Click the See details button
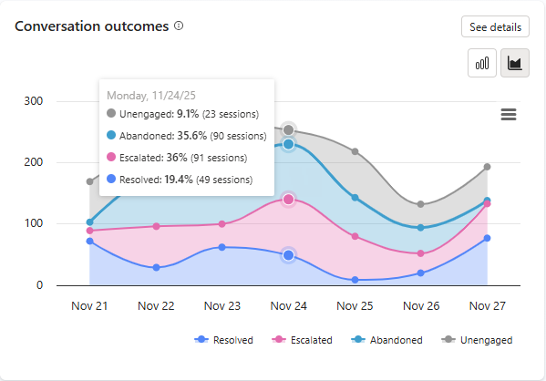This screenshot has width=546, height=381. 495,27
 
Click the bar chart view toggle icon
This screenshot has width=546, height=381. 482,63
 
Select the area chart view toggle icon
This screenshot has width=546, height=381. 515,63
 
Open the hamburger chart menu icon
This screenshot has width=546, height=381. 509,114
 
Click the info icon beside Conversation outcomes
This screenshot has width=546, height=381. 179,26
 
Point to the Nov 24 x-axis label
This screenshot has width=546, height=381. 288,305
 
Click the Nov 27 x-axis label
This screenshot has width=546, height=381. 487,305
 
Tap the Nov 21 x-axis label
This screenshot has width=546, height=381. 89,305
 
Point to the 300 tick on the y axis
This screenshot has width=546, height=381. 33,101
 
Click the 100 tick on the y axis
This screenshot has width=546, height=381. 33,224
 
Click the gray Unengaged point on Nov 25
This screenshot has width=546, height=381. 355,151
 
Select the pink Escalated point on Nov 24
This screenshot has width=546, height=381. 288,199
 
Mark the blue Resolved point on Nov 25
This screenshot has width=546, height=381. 355,280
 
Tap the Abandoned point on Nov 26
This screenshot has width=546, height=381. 420,228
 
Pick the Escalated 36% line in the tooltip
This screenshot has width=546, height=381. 187,158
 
